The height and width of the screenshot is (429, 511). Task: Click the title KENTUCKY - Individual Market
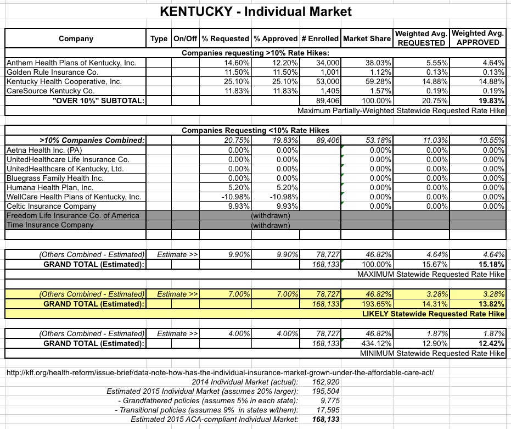point(255,11)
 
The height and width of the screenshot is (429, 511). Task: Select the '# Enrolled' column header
point(319,38)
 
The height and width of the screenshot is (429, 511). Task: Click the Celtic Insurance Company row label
point(50,206)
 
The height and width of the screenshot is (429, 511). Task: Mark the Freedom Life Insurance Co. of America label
point(72,215)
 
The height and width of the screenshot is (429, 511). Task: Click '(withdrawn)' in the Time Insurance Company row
point(271,225)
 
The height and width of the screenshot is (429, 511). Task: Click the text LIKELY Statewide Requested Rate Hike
point(433,314)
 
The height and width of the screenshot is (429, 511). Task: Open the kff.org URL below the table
point(220,372)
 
